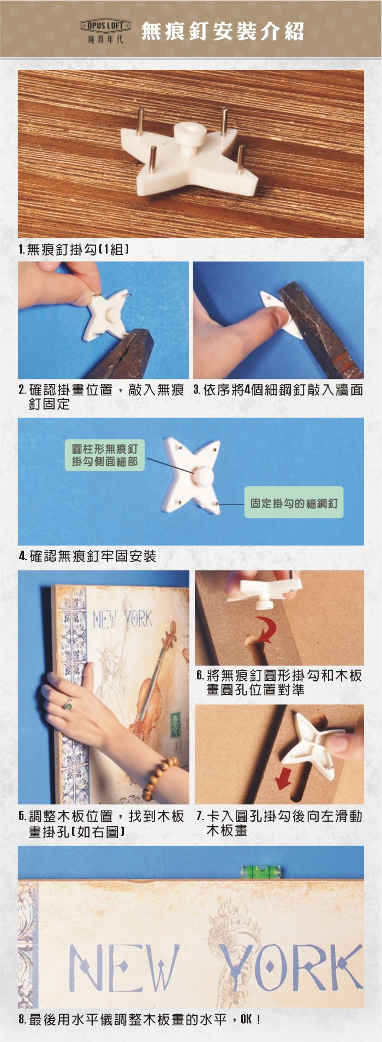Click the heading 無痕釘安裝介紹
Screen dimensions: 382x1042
click(222, 32)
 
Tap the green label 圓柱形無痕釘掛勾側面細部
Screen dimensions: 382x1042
click(105, 455)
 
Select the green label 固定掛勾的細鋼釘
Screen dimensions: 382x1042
click(294, 503)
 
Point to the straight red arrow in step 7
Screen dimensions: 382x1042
click(284, 775)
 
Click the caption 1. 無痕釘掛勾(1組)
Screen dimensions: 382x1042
click(74, 250)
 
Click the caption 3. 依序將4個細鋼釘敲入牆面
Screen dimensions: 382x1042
click(278, 390)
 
